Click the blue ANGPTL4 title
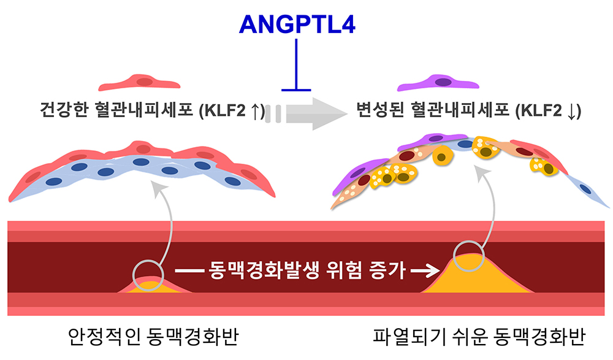[x=297, y=25]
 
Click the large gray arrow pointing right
[x=317, y=114]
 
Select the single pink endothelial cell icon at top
[x=139, y=82]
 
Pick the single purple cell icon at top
[x=438, y=82]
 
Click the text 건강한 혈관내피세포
[x=116, y=110]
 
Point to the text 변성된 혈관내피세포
[x=433, y=110]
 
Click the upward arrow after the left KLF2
[x=254, y=111]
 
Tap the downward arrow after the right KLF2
[x=571, y=111]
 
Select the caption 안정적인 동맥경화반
[x=153, y=336]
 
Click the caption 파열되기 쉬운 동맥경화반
[x=479, y=336]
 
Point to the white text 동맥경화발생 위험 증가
[x=307, y=270]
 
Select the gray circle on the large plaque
[x=469, y=242]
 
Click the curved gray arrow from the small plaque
[x=167, y=219]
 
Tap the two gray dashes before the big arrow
[x=273, y=114]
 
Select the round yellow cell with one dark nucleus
[x=442, y=155]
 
